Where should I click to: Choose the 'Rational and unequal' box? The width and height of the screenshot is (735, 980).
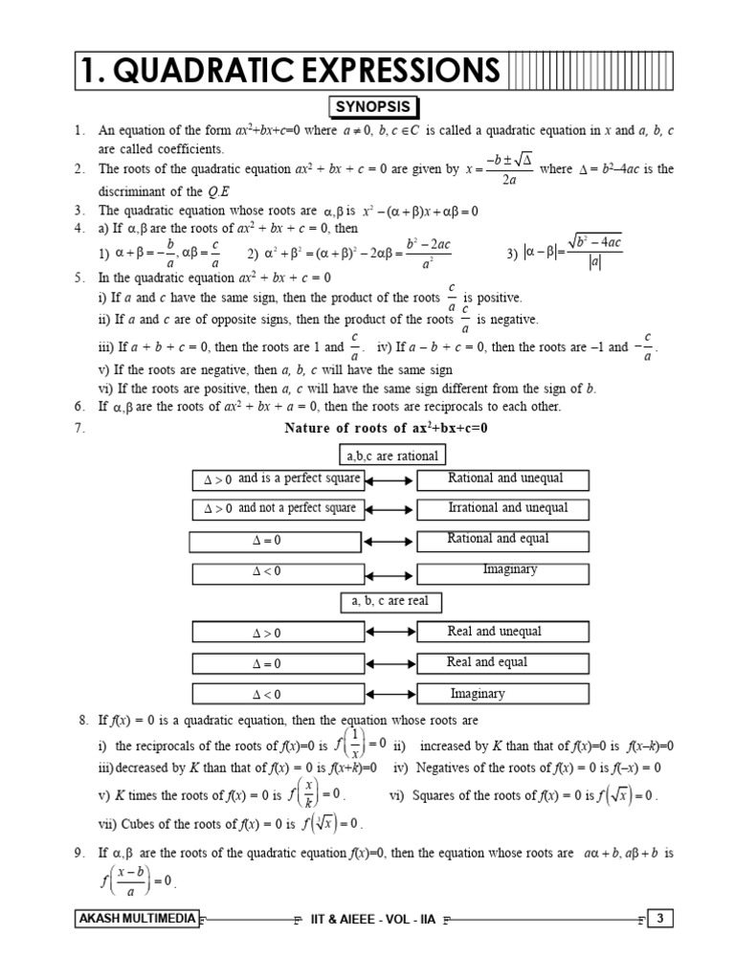(503, 479)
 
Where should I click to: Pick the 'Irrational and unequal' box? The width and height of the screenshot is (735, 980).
(503, 509)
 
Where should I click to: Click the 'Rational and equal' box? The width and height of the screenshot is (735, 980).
(503, 541)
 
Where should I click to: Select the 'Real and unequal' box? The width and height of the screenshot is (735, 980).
(503, 632)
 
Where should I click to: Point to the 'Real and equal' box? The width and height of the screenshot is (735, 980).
(503, 662)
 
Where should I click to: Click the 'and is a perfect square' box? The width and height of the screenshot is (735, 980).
(278, 479)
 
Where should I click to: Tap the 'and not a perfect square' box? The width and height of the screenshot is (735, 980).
(278, 509)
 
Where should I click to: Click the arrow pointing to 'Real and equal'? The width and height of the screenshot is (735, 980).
(390, 663)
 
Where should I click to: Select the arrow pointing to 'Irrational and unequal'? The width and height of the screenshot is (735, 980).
(390, 509)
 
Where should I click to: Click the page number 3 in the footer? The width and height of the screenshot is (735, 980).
(660, 920)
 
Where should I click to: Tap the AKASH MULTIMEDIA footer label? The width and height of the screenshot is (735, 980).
(136, 920)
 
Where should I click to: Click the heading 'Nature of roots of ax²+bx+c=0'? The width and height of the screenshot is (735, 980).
(386, 428)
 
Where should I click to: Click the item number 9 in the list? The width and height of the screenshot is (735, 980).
(80, 852)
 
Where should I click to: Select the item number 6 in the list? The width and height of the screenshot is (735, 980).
(79, 407)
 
